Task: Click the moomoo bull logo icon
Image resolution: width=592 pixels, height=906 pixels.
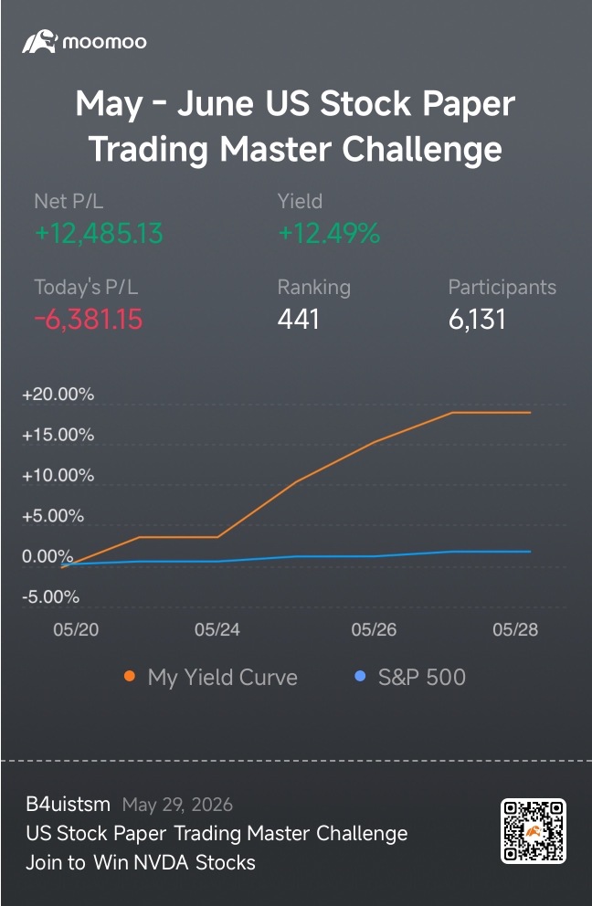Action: [x=39, y=42]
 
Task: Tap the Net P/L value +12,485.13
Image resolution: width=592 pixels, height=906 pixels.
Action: [x=99, y=234]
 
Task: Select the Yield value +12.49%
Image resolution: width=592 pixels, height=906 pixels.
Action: [x=329, y=234]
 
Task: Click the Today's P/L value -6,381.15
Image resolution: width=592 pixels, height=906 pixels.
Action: [x=89, y=319]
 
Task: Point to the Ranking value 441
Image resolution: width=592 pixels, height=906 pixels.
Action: [x=299, y=319]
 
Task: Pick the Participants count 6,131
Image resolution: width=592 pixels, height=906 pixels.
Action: [x=477, y=319]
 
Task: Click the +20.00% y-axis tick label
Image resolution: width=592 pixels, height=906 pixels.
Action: [x=58, y=394]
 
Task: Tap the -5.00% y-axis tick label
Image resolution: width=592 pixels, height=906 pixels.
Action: [x=50, y=596]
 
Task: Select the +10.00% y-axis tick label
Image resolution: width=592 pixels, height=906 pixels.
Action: [x=58, y=475]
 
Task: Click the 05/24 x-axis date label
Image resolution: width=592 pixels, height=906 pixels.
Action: [x=217, y=629]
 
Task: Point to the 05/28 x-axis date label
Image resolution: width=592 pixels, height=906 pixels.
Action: [x=515, y=629]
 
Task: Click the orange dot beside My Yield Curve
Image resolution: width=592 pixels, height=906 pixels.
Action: [x=130, y=676]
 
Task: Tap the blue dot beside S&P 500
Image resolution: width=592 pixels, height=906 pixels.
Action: [x=360, y=676]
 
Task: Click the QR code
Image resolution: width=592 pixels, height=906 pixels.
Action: [x=533, y=831]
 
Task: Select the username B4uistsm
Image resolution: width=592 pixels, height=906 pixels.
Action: [x=69, y=804]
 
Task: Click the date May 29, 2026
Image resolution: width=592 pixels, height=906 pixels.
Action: [x=177, y=805]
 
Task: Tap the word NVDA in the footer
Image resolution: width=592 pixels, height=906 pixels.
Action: [x=162, y=863]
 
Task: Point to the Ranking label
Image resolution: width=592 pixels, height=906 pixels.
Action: [x=314, y=287]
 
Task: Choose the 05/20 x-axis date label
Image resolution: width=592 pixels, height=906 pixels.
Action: [x=76, y=629]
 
